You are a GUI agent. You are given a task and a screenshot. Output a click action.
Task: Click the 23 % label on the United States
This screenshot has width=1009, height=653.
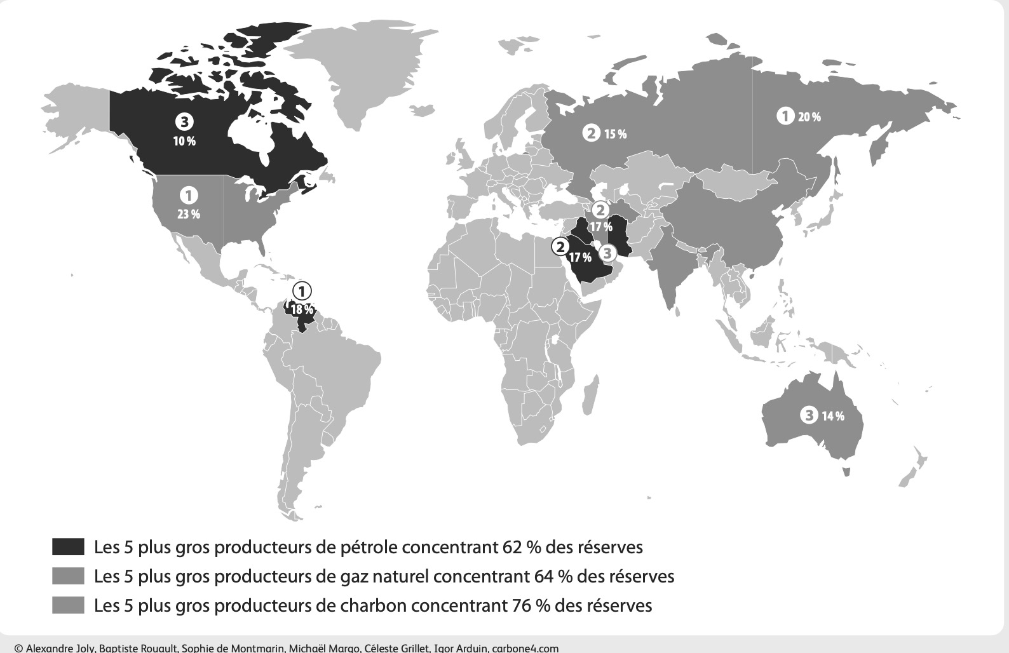tap(188, 214)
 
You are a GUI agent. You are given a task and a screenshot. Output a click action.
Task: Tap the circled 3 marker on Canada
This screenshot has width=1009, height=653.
tap(184, 122)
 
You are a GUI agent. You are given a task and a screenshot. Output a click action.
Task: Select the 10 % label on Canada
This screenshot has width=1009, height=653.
tap(184, 141)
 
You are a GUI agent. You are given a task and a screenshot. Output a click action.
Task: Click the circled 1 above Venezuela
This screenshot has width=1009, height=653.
tap(302, 292)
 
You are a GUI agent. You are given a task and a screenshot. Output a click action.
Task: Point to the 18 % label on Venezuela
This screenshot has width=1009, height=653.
tap(302, 310)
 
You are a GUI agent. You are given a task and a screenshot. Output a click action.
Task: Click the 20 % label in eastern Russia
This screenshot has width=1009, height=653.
tap(809, 117)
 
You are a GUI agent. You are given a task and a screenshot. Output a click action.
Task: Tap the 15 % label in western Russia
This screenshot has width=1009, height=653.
tap(614, 134)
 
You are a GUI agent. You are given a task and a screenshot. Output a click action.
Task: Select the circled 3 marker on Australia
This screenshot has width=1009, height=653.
tap(808, 415)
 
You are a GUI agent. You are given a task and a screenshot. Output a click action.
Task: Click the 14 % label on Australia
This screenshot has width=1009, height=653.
tap(833, 417)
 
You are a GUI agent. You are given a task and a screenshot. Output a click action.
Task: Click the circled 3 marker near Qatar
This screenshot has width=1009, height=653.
tap(607, 253)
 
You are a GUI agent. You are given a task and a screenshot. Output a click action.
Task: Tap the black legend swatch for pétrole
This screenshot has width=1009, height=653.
tap(68, 547)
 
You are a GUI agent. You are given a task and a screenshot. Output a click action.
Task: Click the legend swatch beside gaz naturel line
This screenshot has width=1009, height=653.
tap(68, 576)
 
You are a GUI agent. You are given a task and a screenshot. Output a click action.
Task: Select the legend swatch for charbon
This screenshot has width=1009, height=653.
tap(68, 605)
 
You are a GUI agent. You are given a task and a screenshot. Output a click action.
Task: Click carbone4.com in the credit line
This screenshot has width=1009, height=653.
tap(525, 649)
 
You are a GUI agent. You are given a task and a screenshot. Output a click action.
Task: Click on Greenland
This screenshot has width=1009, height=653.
tap(356, 76)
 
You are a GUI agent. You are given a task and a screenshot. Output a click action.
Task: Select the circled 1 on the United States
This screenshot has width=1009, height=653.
tap(188, 196)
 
